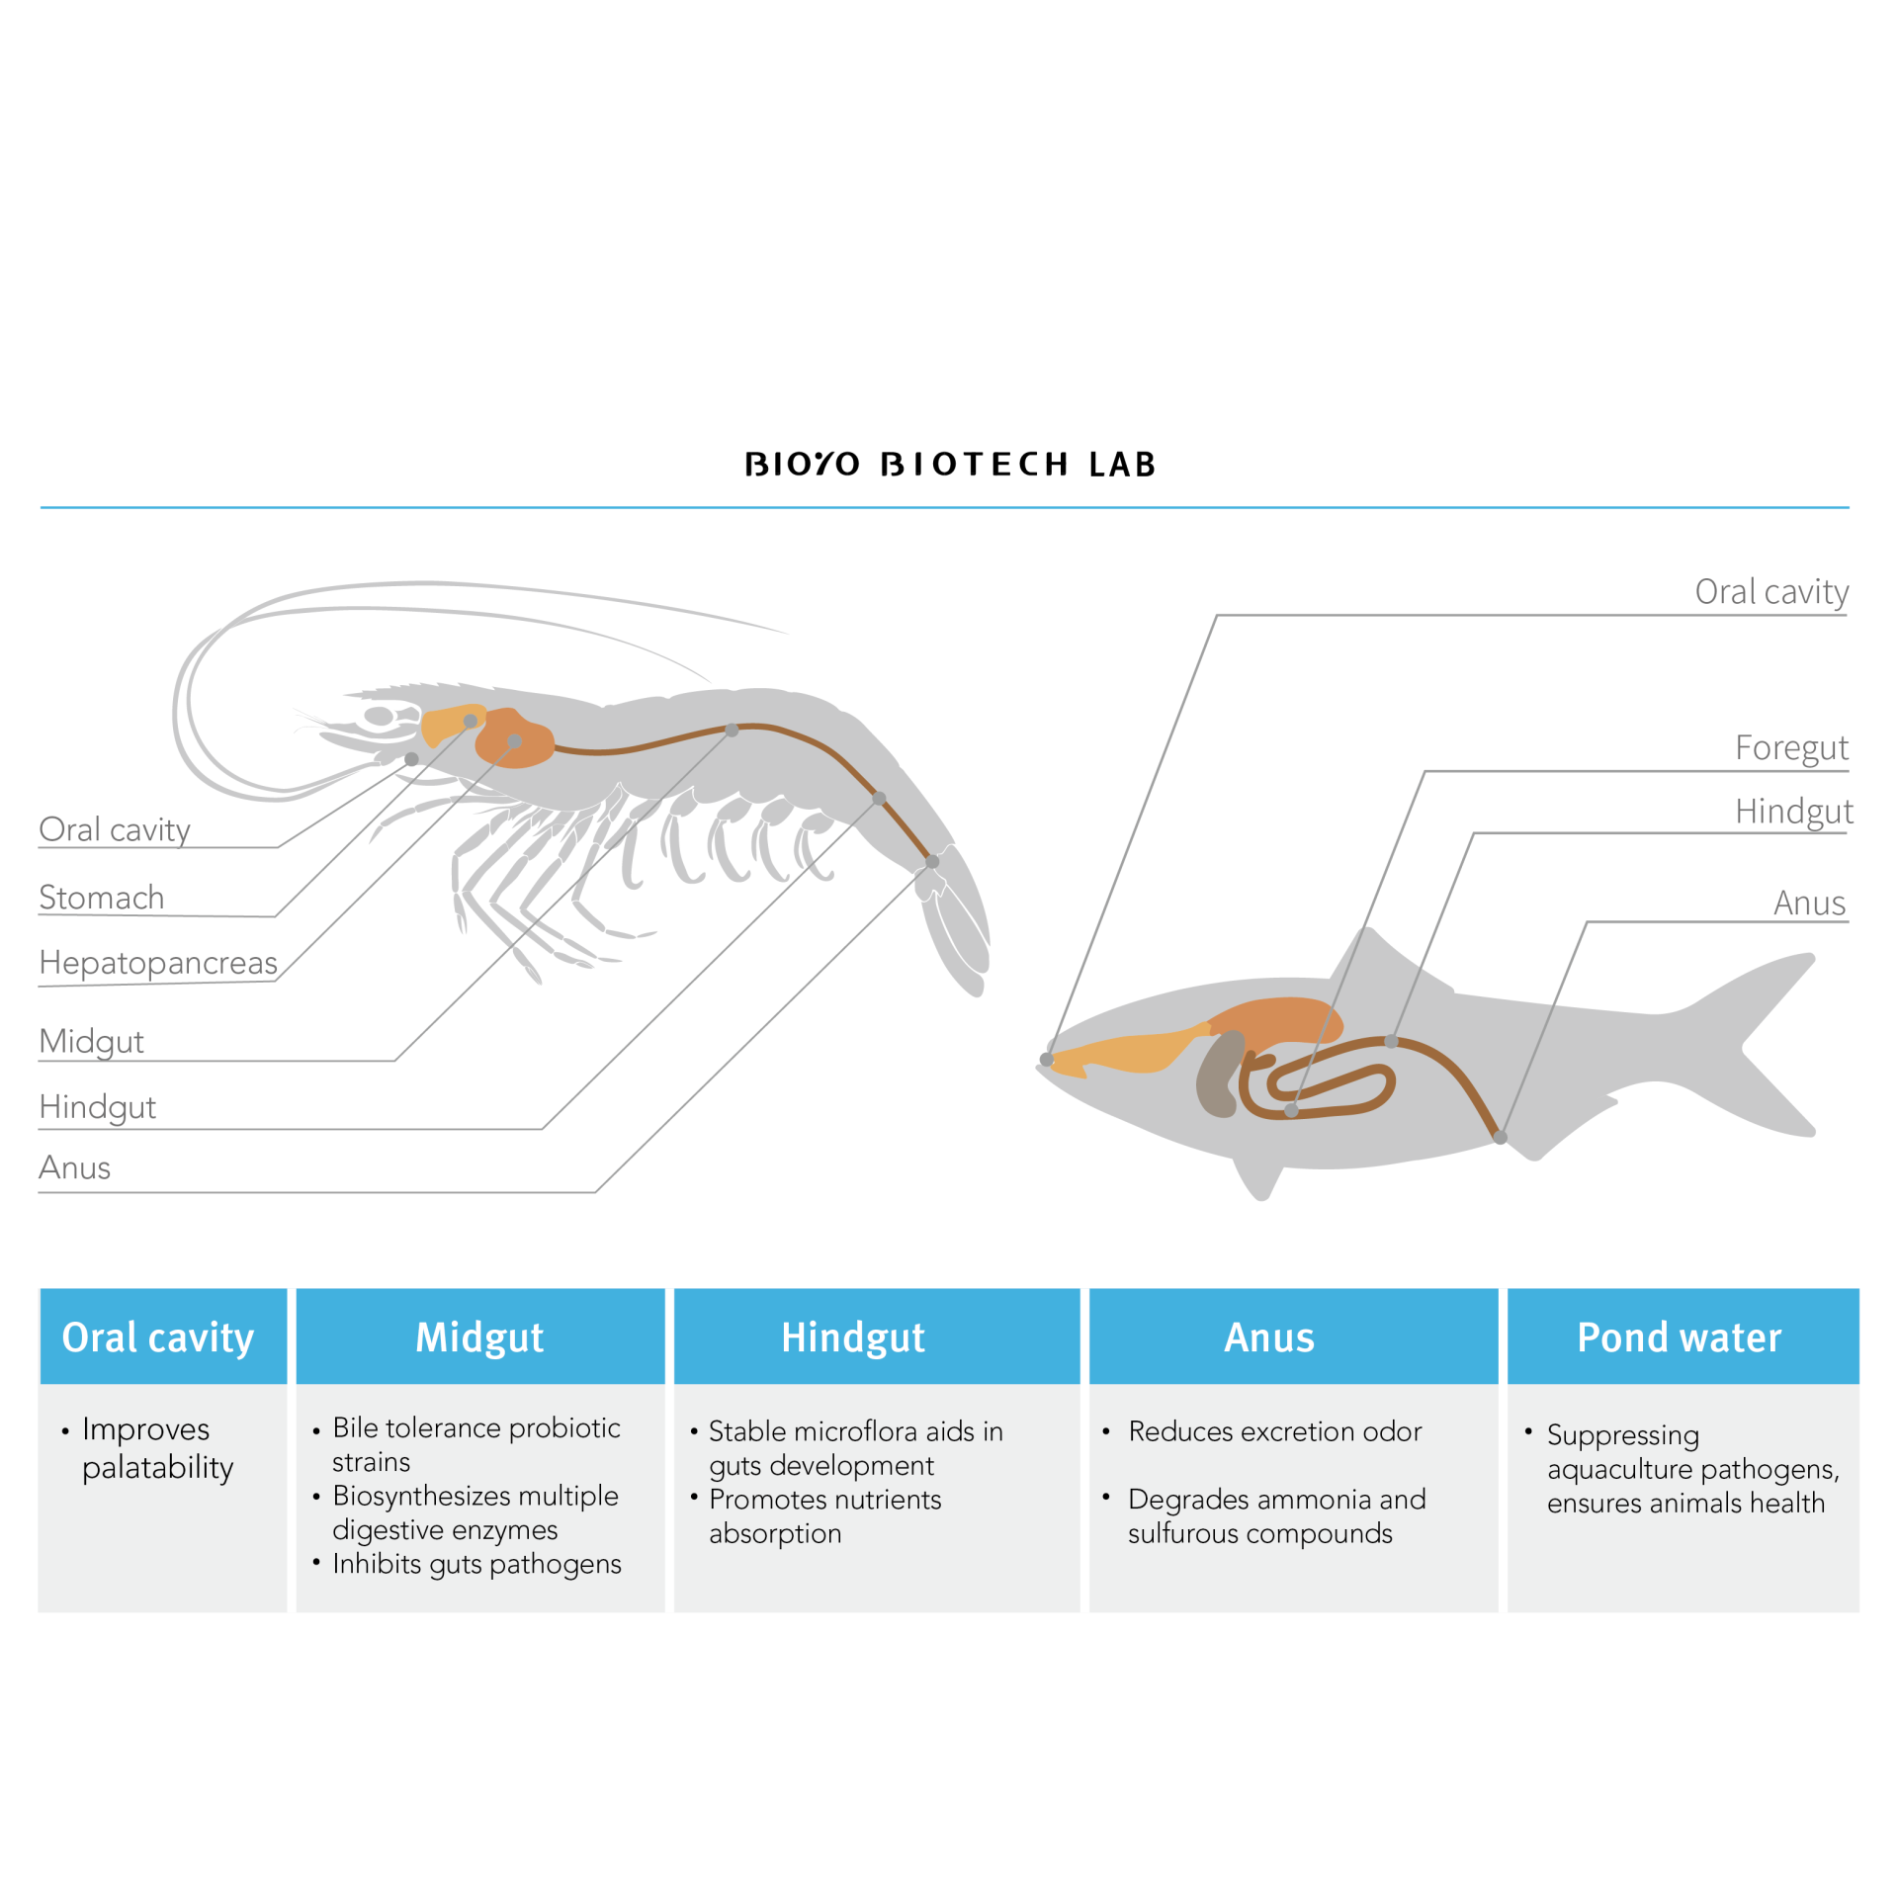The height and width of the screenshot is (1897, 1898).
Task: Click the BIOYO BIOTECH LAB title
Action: tap(949, 464)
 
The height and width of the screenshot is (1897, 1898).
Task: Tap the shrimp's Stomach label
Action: tap(101, 898)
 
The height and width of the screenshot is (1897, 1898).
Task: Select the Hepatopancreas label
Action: tap(158, 963)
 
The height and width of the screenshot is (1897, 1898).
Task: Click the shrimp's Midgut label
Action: tap(91, 1041)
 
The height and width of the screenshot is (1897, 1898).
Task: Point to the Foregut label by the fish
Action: tap(1790, 747)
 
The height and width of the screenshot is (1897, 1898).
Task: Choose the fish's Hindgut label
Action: tap(1792, 811)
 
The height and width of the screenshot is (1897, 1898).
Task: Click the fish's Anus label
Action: tap(1808, 903)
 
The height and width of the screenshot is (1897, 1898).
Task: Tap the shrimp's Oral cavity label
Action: tap(115, 829)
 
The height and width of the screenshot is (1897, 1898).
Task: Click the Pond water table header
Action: tap(1679, 1337)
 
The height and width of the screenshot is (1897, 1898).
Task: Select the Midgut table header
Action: tap(479, 1337)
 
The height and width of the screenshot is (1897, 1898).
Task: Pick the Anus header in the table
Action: tap(1269, 1337)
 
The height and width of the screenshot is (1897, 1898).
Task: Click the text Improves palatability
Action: tap(157, 1448)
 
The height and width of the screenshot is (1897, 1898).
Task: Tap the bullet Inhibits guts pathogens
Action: tap(476, 1564)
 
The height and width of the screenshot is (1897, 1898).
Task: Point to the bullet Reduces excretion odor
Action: tap(1274, 1431)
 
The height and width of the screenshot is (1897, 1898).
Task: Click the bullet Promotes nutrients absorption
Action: tap(823, 1516)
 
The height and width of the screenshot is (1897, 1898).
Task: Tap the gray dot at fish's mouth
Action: tap(1047, 1060)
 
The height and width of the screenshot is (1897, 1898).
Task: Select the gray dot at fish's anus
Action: tap(1500, 1138)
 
